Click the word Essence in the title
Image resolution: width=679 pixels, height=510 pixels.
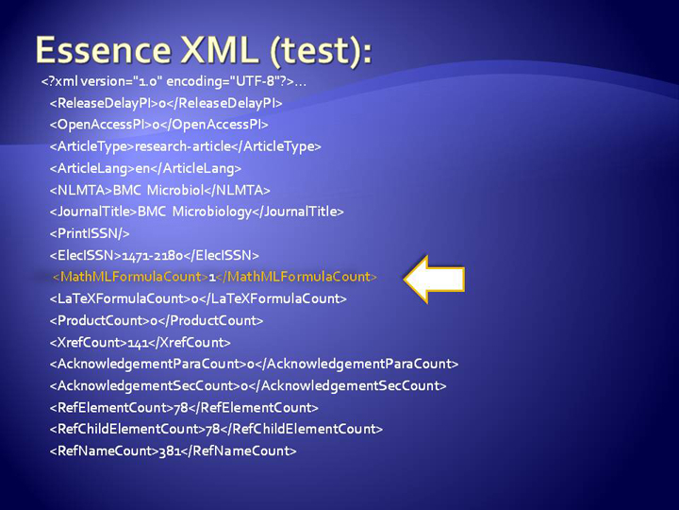click(x=104, y=50)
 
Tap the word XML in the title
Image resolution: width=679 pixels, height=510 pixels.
click(x=217, y=50)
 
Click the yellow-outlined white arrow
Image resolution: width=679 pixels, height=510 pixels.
click(x=434, y=279)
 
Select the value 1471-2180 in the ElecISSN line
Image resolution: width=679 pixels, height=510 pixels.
click(x=153, y=255)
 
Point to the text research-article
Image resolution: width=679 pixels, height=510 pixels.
click(x=183, y=146)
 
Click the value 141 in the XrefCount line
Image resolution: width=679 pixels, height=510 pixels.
click(x=138, y=343)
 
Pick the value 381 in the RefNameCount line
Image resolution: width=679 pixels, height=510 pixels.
click(x=170, y=451)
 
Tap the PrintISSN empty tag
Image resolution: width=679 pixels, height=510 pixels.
click(x=90, y=234)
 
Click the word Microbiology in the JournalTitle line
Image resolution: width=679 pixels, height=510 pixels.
click(x=212, y=212)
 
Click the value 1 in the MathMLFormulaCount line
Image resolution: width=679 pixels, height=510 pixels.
click(x=212, y=277)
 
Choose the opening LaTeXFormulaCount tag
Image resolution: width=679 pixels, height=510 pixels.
click(x=121, y=298)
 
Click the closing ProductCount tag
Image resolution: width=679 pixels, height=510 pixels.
click(x=210, y=321)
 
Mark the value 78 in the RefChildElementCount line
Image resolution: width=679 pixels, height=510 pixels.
click(x=212, y=430)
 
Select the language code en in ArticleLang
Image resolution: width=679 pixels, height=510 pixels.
click(x=142, y=169)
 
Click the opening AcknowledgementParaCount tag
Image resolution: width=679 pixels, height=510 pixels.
click(x=148, y=365)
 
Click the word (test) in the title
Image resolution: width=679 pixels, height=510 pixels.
click(x=321, y=51)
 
